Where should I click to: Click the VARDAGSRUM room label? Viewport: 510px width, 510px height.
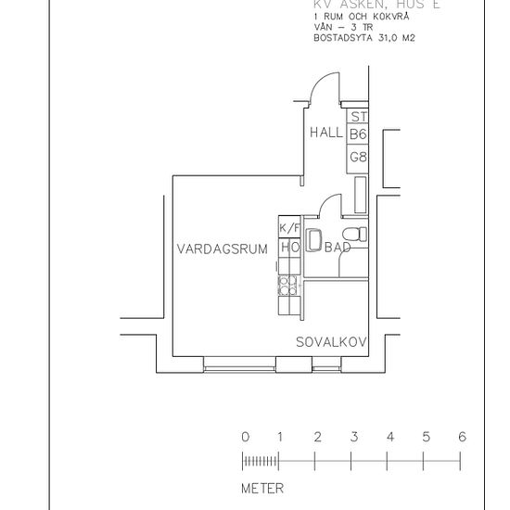[223, 249]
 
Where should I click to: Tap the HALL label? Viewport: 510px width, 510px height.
[326, 133]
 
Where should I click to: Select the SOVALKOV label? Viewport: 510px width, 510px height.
[331, 342]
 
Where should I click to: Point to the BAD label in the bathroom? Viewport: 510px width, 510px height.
[338, 249]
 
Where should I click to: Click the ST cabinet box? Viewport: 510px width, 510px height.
[359, 117]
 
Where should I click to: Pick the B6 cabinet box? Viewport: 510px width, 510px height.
[359, 134]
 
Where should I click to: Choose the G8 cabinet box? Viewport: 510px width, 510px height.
[359, 158]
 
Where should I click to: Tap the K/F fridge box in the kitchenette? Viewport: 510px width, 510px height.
[289, 228]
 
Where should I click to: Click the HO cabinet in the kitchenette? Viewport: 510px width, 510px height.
[289, 249]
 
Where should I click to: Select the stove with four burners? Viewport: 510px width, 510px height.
[289, 285]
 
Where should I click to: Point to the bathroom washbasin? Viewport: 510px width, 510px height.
[312, 238]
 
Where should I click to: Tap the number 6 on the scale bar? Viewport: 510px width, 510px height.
[462, 437]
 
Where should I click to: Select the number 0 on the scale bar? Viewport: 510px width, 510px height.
[245, 437]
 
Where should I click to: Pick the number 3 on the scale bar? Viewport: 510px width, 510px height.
[353, 437]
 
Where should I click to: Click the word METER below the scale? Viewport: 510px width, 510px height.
[262, 488]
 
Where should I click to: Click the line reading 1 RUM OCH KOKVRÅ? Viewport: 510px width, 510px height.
[356, 18]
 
